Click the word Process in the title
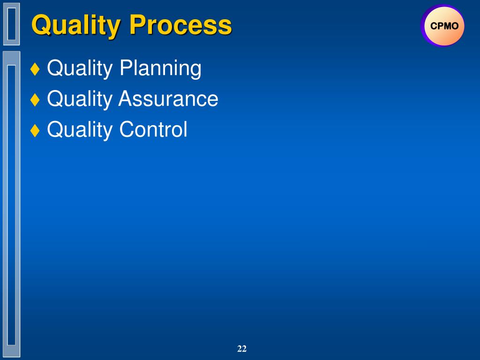[x=180, y=25]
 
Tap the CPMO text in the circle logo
[x=444, y=26]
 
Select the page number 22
[x=242, y=348]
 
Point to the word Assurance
[x=168, y=98]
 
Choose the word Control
[x=153, y=129]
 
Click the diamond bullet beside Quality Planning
[x=35, y=68]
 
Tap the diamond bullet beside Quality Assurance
[x=35, y=99]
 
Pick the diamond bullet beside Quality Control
[x=35, y=130]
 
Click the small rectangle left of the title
[x=12, y=24]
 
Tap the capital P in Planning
[x=126, y=67]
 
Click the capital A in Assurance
[x=126, y=98]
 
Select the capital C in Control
[x=127, y=129]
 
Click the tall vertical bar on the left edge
[x=12, y=204]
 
